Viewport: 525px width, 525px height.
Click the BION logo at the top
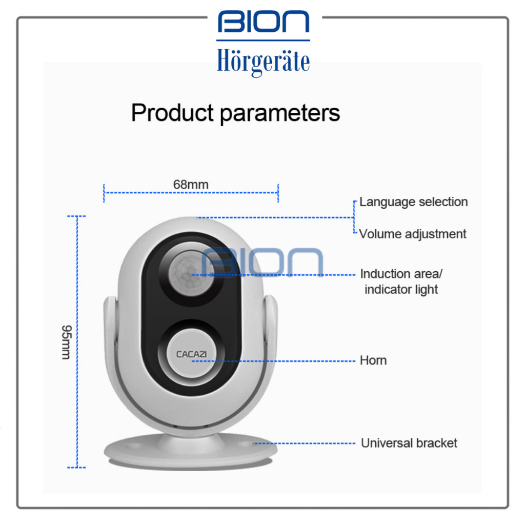[263, 23]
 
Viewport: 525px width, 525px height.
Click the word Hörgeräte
[263, 61]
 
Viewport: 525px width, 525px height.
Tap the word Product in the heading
[173, 112]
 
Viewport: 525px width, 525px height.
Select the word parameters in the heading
[280, 113]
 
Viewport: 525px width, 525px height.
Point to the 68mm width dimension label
[191, 184]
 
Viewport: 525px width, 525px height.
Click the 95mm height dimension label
[66, 341]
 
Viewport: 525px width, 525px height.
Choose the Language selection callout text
[413, 201]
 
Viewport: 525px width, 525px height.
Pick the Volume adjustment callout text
[413, 234]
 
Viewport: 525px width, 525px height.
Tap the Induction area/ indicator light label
[401, 281]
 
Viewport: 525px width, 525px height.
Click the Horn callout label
[373, 360]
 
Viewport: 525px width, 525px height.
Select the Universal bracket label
[409, 443]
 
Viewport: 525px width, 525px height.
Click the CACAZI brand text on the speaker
[191, 354]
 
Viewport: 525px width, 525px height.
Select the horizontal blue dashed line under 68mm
[191, 193]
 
